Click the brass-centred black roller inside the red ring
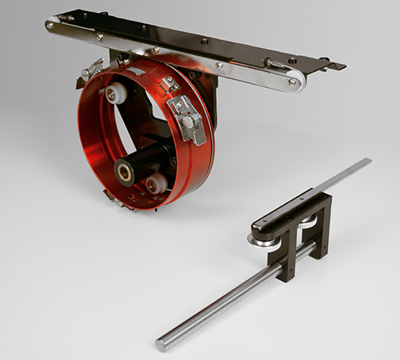tap(126, 170)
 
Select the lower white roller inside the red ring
tap(156, 183)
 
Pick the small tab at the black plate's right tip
tap(336, 66)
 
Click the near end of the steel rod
tap(163, 343)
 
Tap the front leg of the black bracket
tap(284, 256)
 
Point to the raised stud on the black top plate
tap(205, 41)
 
